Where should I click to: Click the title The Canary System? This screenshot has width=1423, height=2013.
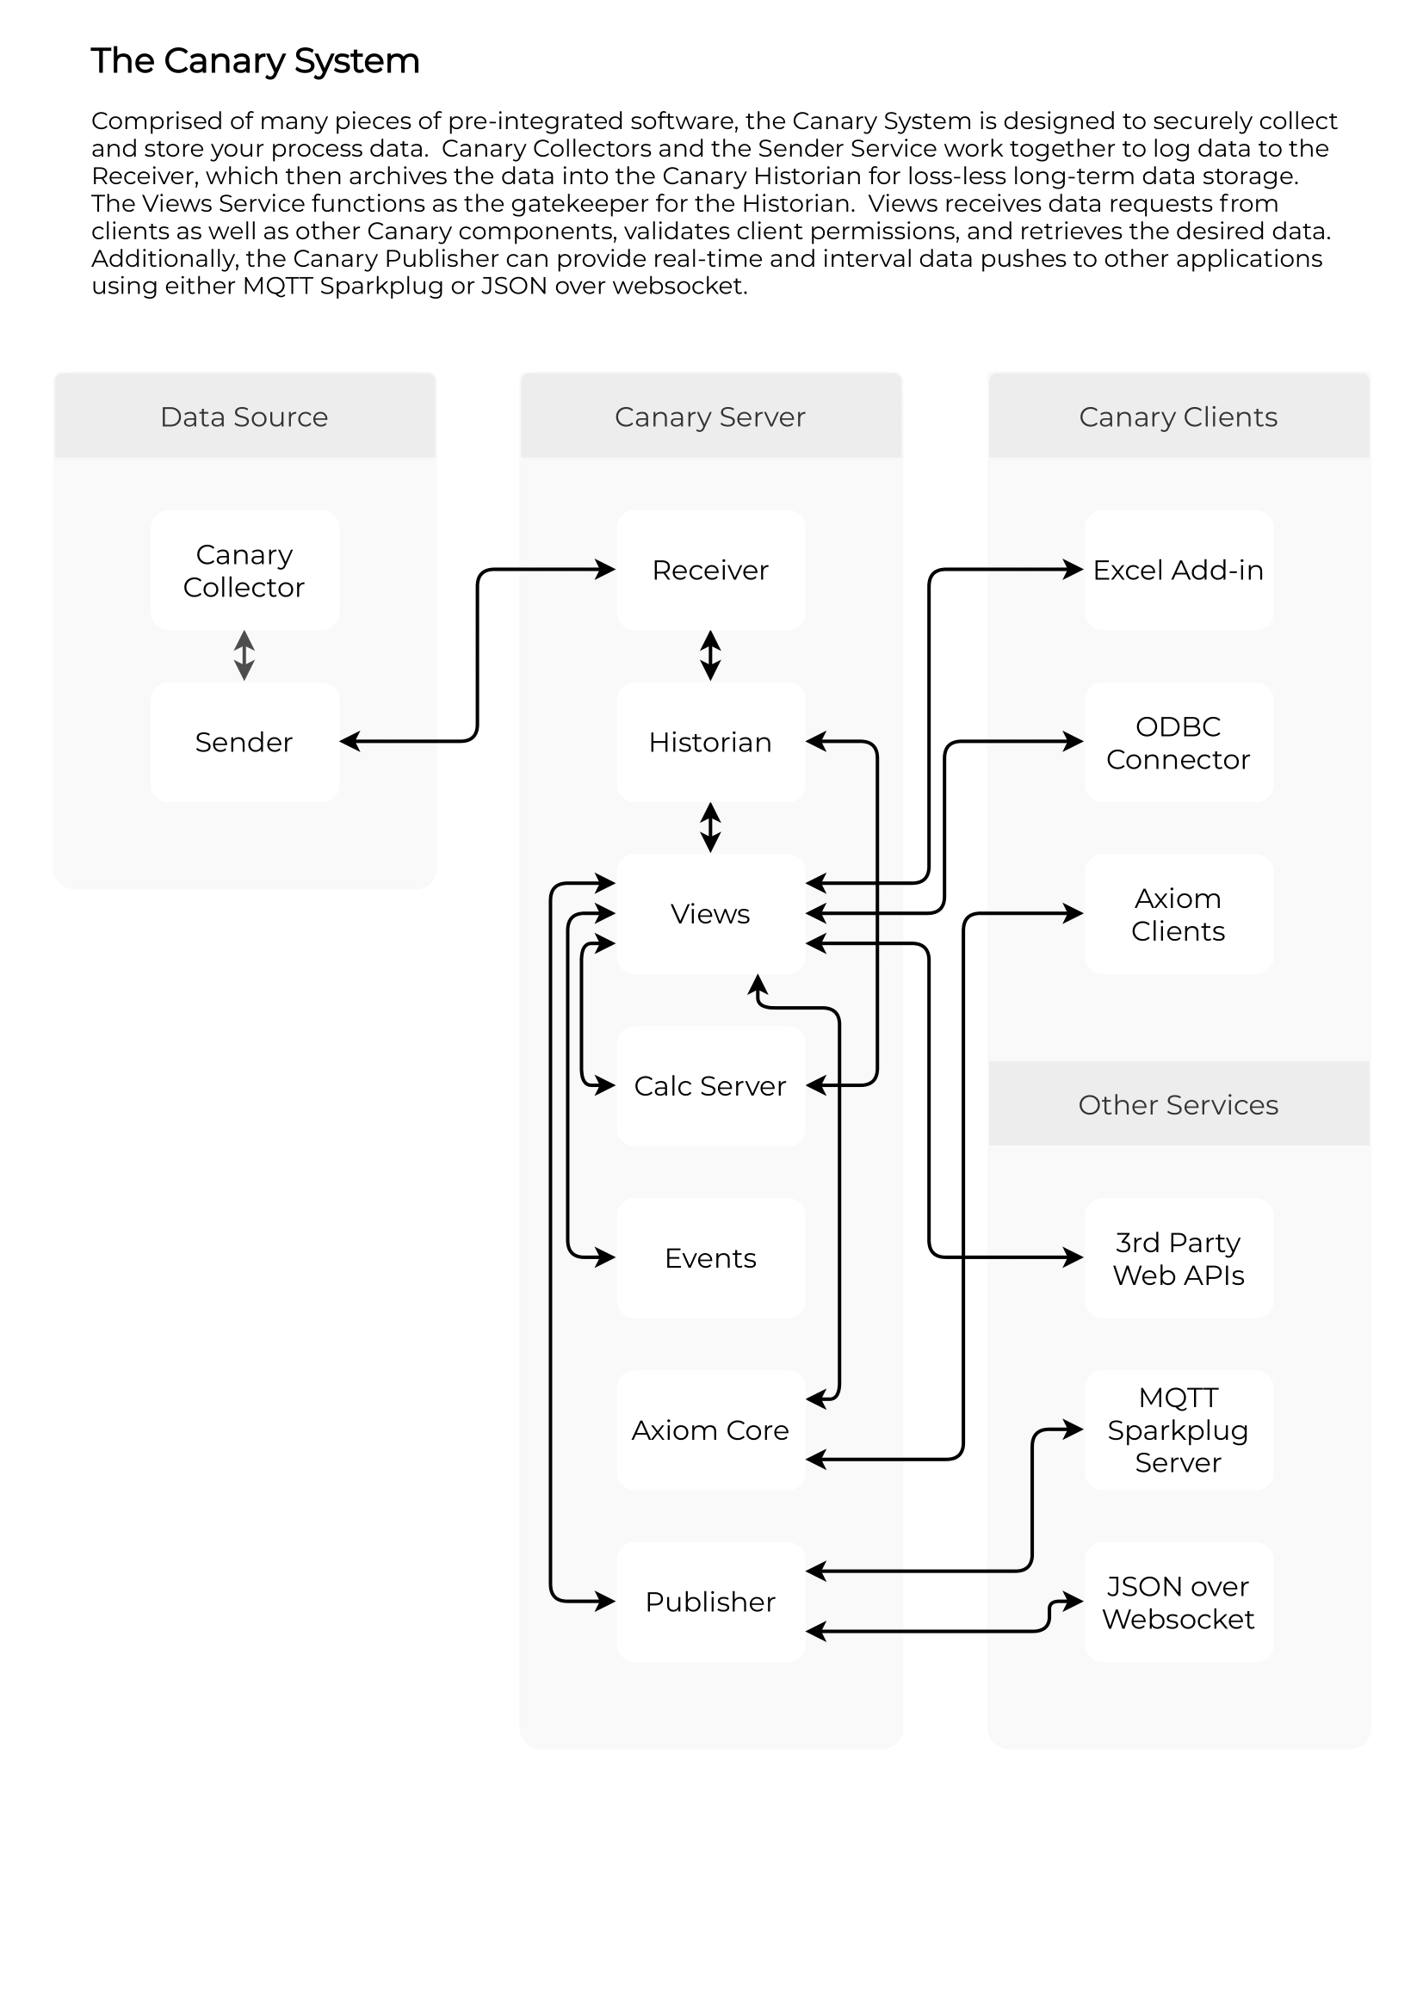(x=255, y=61)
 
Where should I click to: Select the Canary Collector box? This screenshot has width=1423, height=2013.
(x=244, y=570)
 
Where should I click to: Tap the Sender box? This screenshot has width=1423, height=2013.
(x=244, y=742)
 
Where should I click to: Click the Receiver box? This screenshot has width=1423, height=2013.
(x=711, y=570)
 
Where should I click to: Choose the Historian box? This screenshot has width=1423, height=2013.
(x=711, y=742)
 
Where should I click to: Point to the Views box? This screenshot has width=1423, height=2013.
(x=711, y=914)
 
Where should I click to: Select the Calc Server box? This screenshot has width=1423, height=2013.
(x=711, y=1085)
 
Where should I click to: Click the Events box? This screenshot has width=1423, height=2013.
(x=711, y=1257)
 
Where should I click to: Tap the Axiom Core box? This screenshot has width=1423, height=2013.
(x=711, y=1430)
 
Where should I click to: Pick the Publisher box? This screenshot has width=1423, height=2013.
(x=711, y=1602)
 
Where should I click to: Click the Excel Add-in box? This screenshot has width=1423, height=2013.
(x=1179, y=570)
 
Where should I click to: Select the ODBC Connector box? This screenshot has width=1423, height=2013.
(x=1179, y=742)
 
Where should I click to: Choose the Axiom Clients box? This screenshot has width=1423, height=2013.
(x=1179, y=914)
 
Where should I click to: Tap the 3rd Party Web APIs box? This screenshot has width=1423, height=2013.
(x=1179, y=1257)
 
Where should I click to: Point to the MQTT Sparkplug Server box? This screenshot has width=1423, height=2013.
(x=1179, y=1430)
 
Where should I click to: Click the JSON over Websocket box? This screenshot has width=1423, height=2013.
(x=1179, y=1602)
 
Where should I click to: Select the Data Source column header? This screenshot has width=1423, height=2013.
(x=244, y=416)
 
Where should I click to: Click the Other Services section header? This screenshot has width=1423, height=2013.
(x=1179, y=1104)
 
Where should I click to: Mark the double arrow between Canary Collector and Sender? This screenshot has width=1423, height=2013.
(x=244, y=656)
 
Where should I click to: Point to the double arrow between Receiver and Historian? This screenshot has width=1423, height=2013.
(x=711, y=656)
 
